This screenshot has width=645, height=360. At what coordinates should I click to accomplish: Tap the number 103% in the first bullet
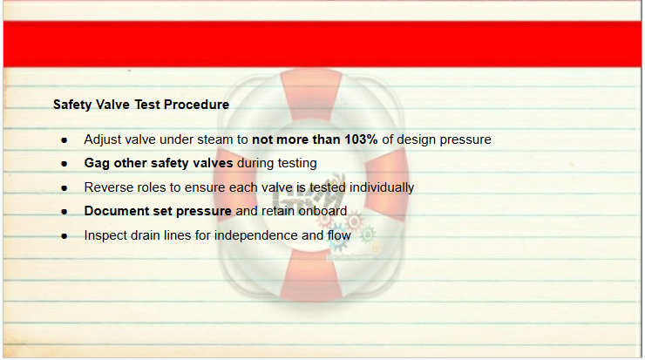pyautogui.click(x=361, y=139)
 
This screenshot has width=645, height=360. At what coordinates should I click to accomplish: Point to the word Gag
pyautogui.click(x=97, y=163)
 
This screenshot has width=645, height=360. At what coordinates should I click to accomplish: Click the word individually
pyautogui.click(x=381, y=187)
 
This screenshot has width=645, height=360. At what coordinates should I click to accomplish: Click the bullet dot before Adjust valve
pyautogui.click(x=64, y=140)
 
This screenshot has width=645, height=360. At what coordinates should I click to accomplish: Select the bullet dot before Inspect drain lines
pyautogui.click(x=64, y=236)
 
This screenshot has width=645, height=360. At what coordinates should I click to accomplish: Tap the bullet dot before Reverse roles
pyautogui.click(x=64, y=188)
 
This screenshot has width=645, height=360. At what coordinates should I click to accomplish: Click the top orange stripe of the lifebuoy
pyautogui.click(x=311, y=95)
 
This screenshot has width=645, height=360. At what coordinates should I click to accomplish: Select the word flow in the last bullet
pyautogui.click(x=339, y=235)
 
